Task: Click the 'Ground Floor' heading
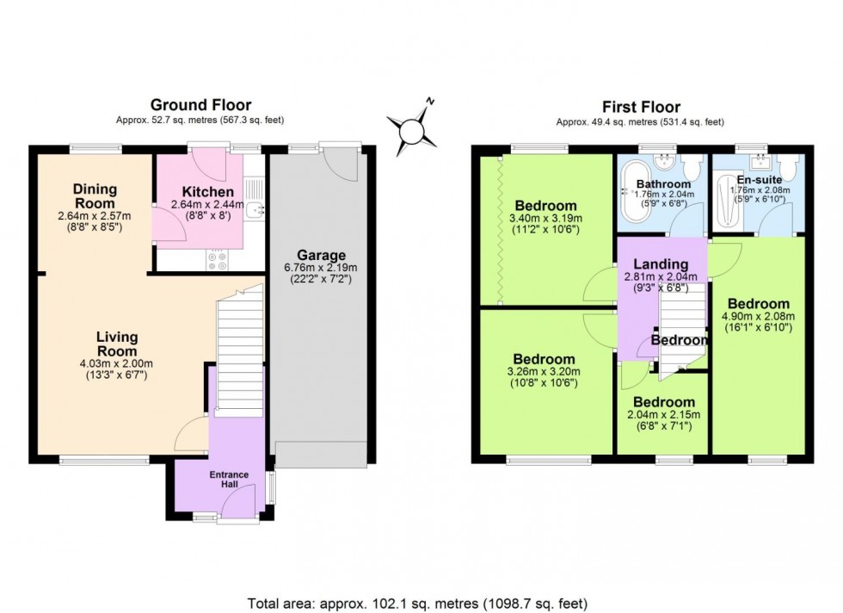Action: coord(200,106)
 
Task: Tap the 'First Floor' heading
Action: coord(641,107)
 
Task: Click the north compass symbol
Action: coord(414,127)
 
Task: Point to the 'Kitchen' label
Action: coord(207,191)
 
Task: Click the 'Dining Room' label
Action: coord(95,195)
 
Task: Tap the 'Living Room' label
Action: coord(117,344)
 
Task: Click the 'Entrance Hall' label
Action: coord(229,480)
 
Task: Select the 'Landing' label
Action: coord(661,264)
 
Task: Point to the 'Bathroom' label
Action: coord(662,184)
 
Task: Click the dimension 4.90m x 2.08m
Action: coord(758,316)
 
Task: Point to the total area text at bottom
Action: coord(418,603)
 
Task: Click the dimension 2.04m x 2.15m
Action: coord(663,415)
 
